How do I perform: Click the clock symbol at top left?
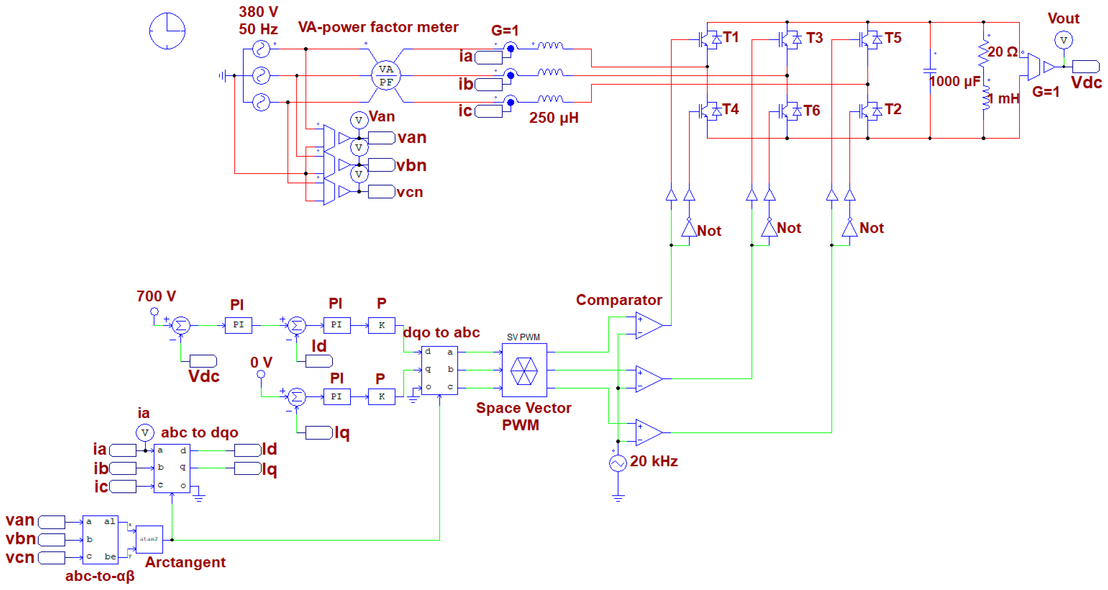[167, 31]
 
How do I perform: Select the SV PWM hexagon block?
[524, 370]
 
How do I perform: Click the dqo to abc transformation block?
[439, 370]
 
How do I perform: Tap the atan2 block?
[149, 539]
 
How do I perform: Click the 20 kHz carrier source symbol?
[618, 463]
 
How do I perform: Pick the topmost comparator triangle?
[649, 325]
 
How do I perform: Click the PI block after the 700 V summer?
[238, 325]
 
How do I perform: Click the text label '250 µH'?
[554, 118]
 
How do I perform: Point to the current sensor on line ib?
[510, 75]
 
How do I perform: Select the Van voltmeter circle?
[359, 120]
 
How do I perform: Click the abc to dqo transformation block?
[172, 468]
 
